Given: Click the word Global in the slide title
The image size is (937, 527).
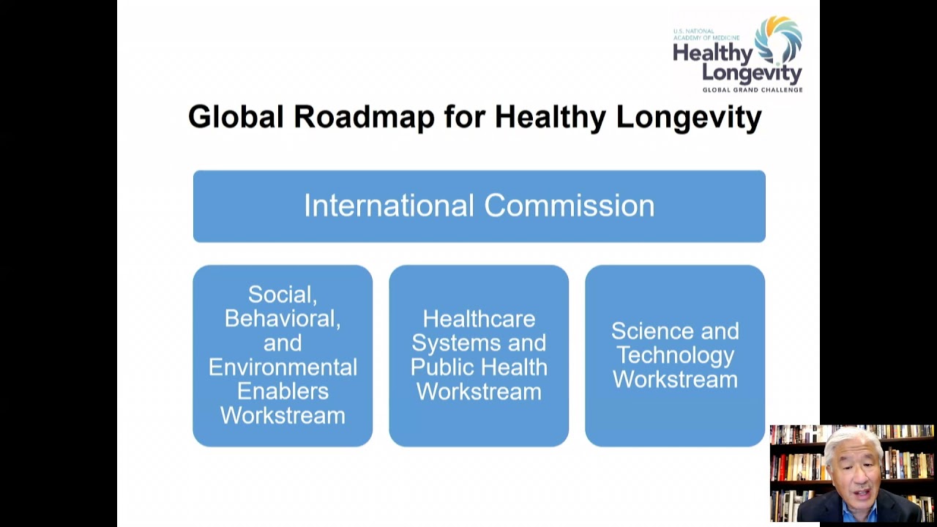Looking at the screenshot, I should point(235,117).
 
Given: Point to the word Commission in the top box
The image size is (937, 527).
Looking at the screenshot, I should point(569,206).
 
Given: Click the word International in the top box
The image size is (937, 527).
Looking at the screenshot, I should point(389,206).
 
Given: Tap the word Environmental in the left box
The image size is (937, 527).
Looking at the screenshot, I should point(283,367).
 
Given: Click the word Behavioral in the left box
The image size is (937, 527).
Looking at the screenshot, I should point(283,318).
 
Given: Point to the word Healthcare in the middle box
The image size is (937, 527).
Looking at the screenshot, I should point(479,319).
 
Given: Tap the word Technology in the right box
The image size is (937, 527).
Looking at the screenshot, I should point(675,355).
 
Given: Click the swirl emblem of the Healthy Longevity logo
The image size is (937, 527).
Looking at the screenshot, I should point(779,40).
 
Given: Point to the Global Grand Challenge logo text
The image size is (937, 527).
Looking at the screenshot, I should point(752,90).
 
